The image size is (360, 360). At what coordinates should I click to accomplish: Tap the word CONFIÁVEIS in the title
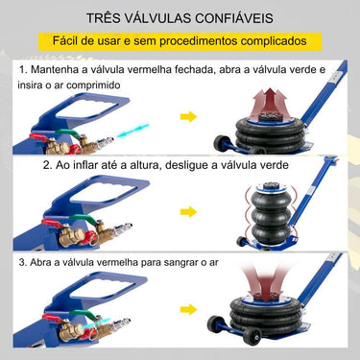[246, 18]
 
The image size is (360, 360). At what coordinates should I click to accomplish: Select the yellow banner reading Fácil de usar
[180, 41]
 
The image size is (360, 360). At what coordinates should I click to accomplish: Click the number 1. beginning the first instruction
[22, 71]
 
